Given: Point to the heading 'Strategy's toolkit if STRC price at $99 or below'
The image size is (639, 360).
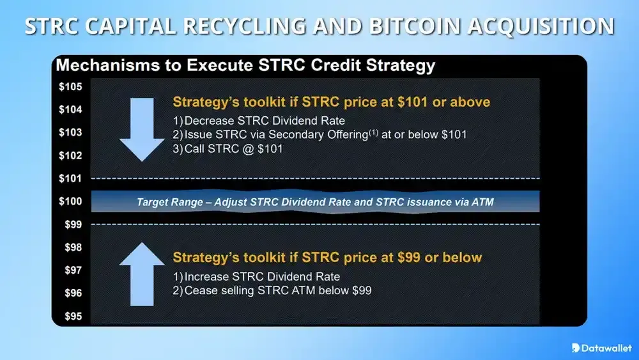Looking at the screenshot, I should (327, 258).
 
